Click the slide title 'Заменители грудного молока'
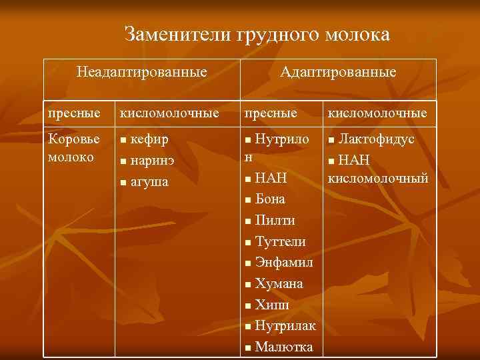point(257,34)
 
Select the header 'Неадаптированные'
point(141,71)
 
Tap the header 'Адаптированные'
point(338,71)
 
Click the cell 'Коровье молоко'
point(74,147)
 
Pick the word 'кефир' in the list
point(149,139)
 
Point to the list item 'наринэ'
point(154,161)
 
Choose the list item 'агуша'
point(149,181)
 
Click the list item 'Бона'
point(270,199)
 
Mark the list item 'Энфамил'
point(284,262)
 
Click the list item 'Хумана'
point(279,283)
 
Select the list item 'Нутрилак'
point(285,326)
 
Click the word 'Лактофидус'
point(376,139)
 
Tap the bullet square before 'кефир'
point(122,141)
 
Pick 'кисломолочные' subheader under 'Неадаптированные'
point(169,113)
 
